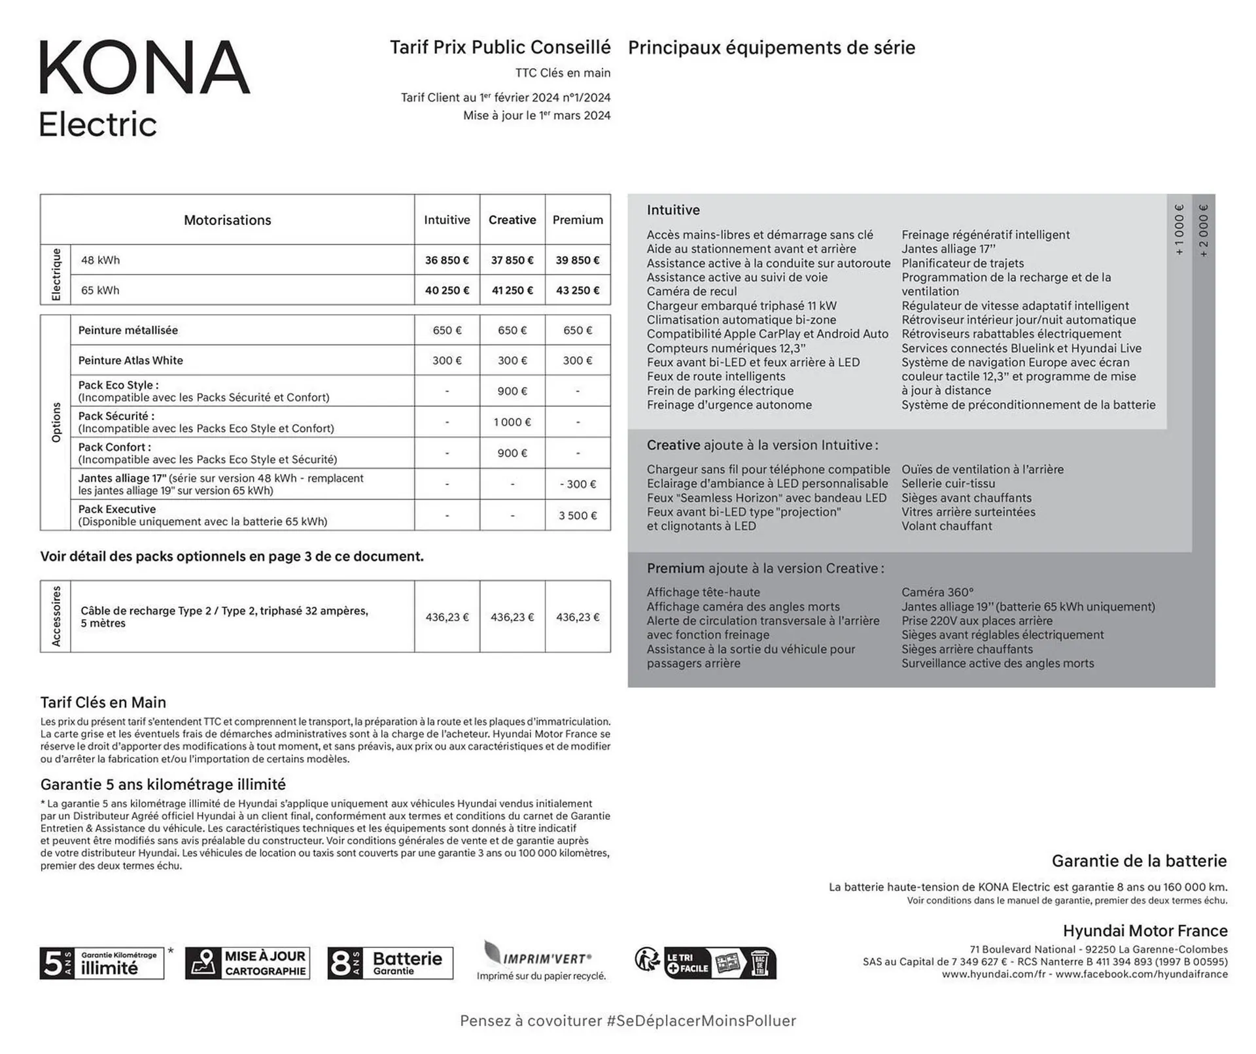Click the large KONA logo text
coord(145,67)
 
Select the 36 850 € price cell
coord(447,260)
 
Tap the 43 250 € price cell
coord(578,290)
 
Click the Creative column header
coord(512,220)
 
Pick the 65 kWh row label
coord(100,290)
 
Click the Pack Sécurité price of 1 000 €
coord(512,422)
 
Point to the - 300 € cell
coord(578,484)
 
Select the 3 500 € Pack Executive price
coord(578,516)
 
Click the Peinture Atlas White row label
coord(130,360)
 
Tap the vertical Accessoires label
coord(56,616)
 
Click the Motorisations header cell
coord(227,220)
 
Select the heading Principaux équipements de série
coord(771,48)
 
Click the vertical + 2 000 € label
coord(1204,231)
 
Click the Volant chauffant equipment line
coord(946,526)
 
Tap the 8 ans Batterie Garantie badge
coord(390,963)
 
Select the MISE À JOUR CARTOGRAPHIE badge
coord(247,963)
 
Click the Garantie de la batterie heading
coord(1139,861)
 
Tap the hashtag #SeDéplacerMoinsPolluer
coord(701,1021)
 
